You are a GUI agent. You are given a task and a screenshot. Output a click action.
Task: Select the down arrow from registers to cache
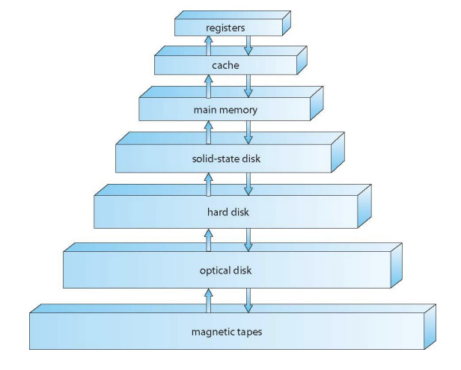[x=249, y=45]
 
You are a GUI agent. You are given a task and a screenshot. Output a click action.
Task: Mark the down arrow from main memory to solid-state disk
[x=249, y=133]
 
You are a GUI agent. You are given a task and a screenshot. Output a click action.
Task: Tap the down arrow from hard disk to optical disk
[x=249, y=240]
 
